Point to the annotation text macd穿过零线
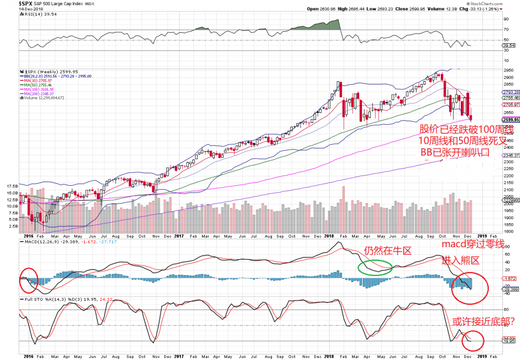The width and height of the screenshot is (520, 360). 473,245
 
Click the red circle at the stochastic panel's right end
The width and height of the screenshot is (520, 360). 473,340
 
